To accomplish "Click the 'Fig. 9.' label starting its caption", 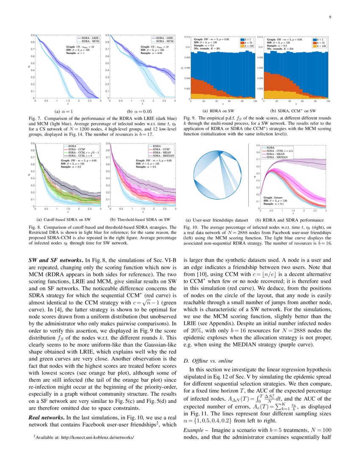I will [189, 118].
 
